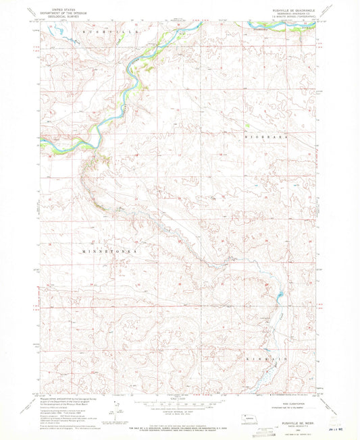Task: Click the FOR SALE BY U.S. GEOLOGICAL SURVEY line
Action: click(180, 426)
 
